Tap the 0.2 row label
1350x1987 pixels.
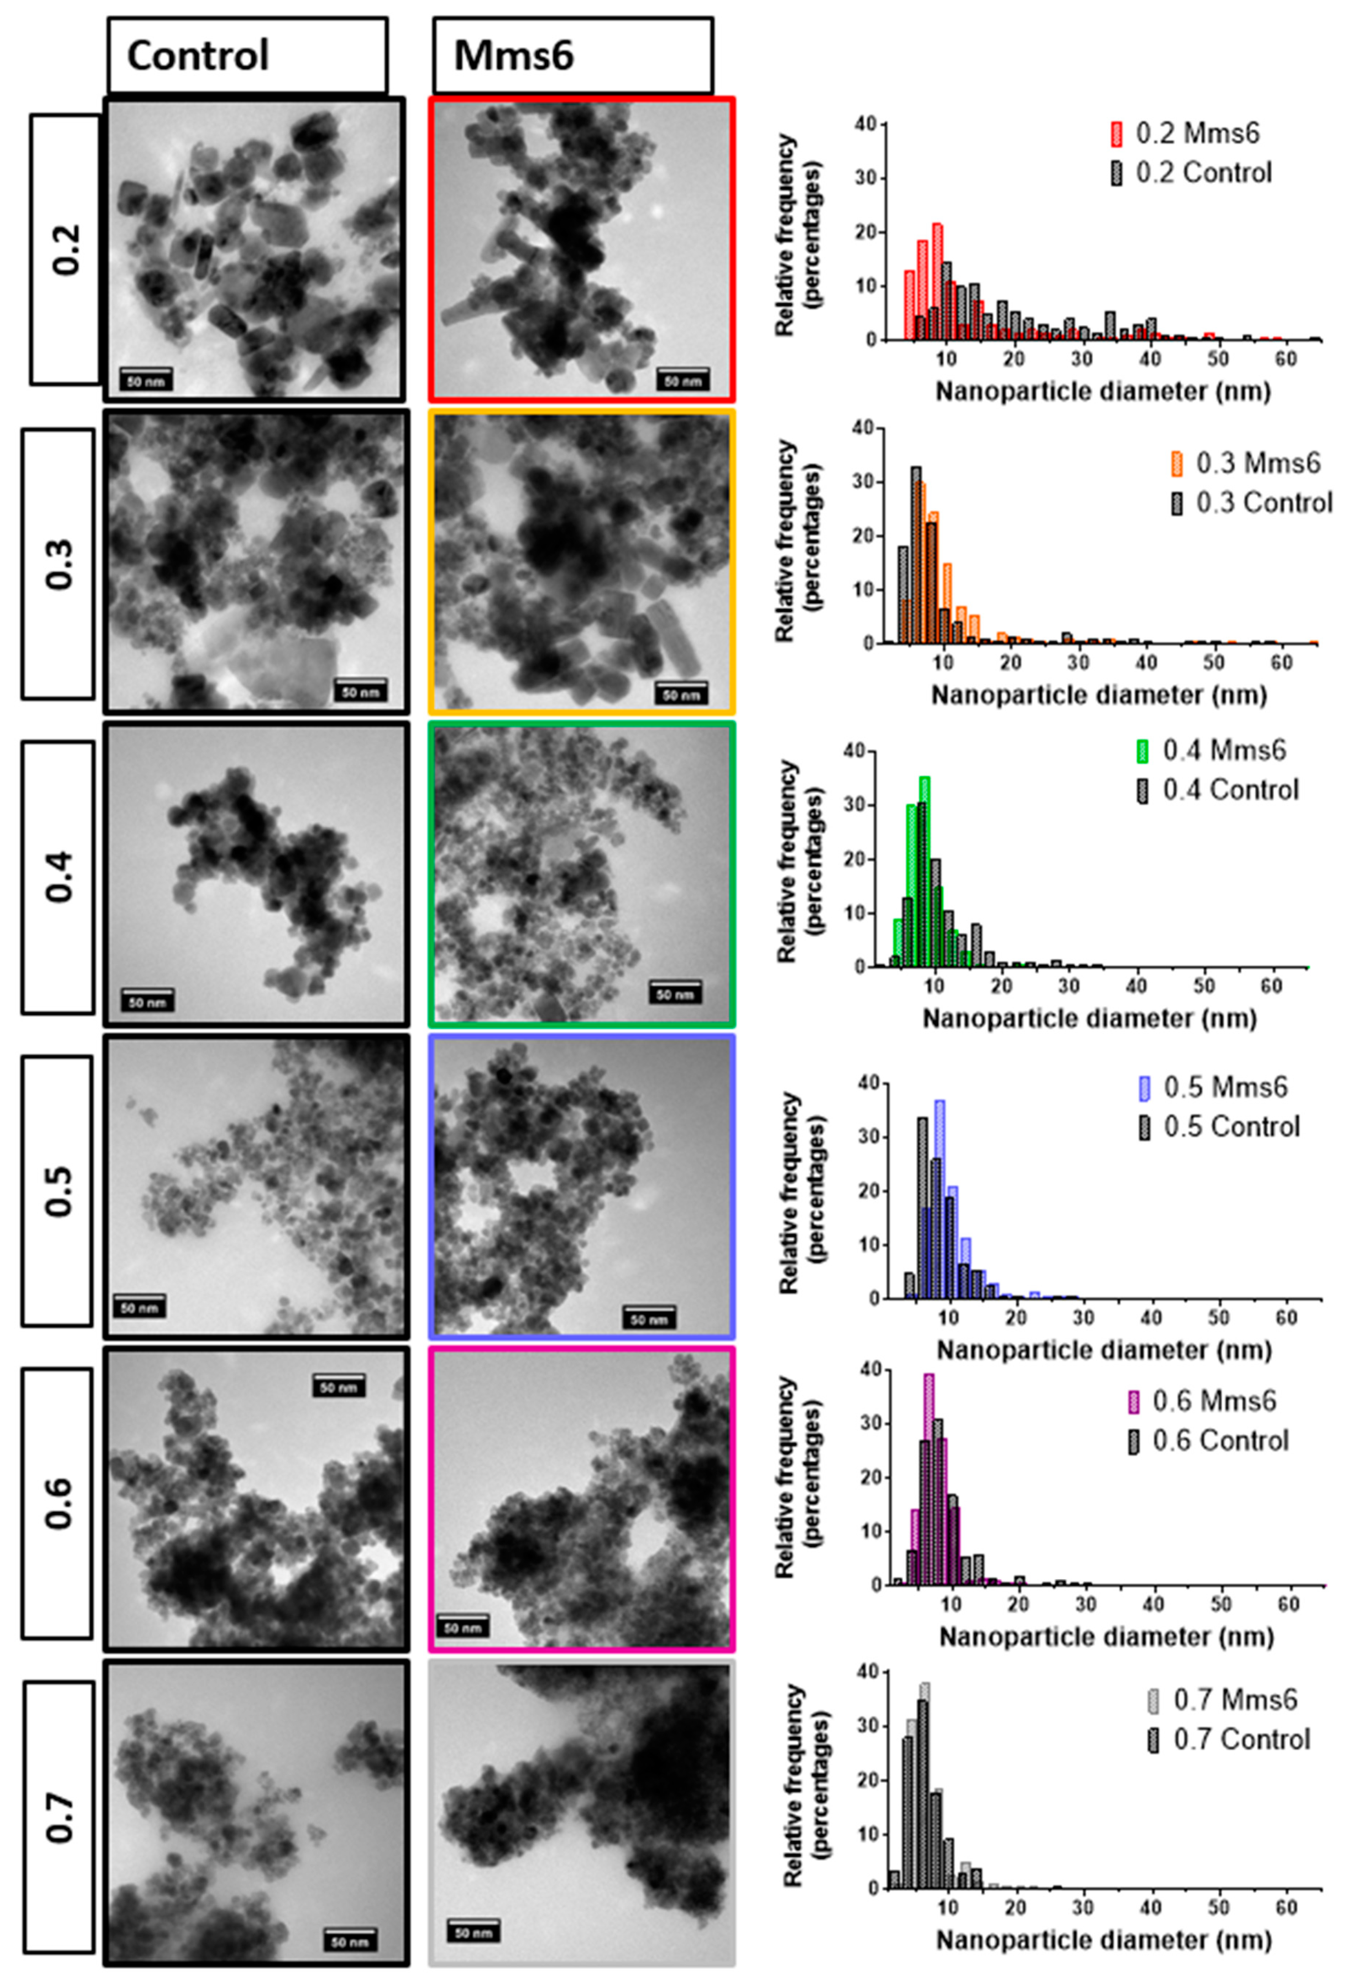65,249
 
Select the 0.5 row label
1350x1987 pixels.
58,1191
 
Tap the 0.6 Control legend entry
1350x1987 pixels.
1208,1441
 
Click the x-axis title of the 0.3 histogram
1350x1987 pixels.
1099,694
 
